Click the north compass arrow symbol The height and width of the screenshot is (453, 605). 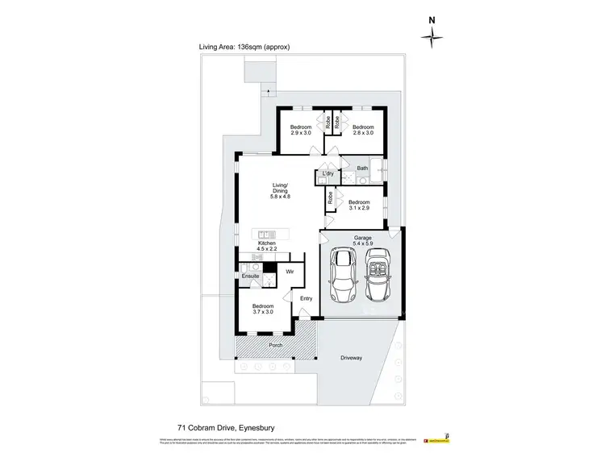click(433, 33)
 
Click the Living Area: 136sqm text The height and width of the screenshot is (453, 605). click(244, 48)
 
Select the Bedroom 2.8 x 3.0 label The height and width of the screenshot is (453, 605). click(363, 131)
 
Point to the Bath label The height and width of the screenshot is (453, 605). click(363, 168)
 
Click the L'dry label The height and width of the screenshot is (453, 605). click(328, 174)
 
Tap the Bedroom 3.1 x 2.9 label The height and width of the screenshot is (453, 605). click(359, 205)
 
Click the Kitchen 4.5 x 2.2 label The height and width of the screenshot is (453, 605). click(267, 247)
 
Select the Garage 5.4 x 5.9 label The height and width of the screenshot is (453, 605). click(362, 240)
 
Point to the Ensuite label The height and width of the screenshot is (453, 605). click(250, 276)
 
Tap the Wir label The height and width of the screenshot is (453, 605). click(290, 273)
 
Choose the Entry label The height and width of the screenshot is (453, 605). click(307, 299)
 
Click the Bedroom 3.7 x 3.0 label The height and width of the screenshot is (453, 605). click(263, 310)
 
